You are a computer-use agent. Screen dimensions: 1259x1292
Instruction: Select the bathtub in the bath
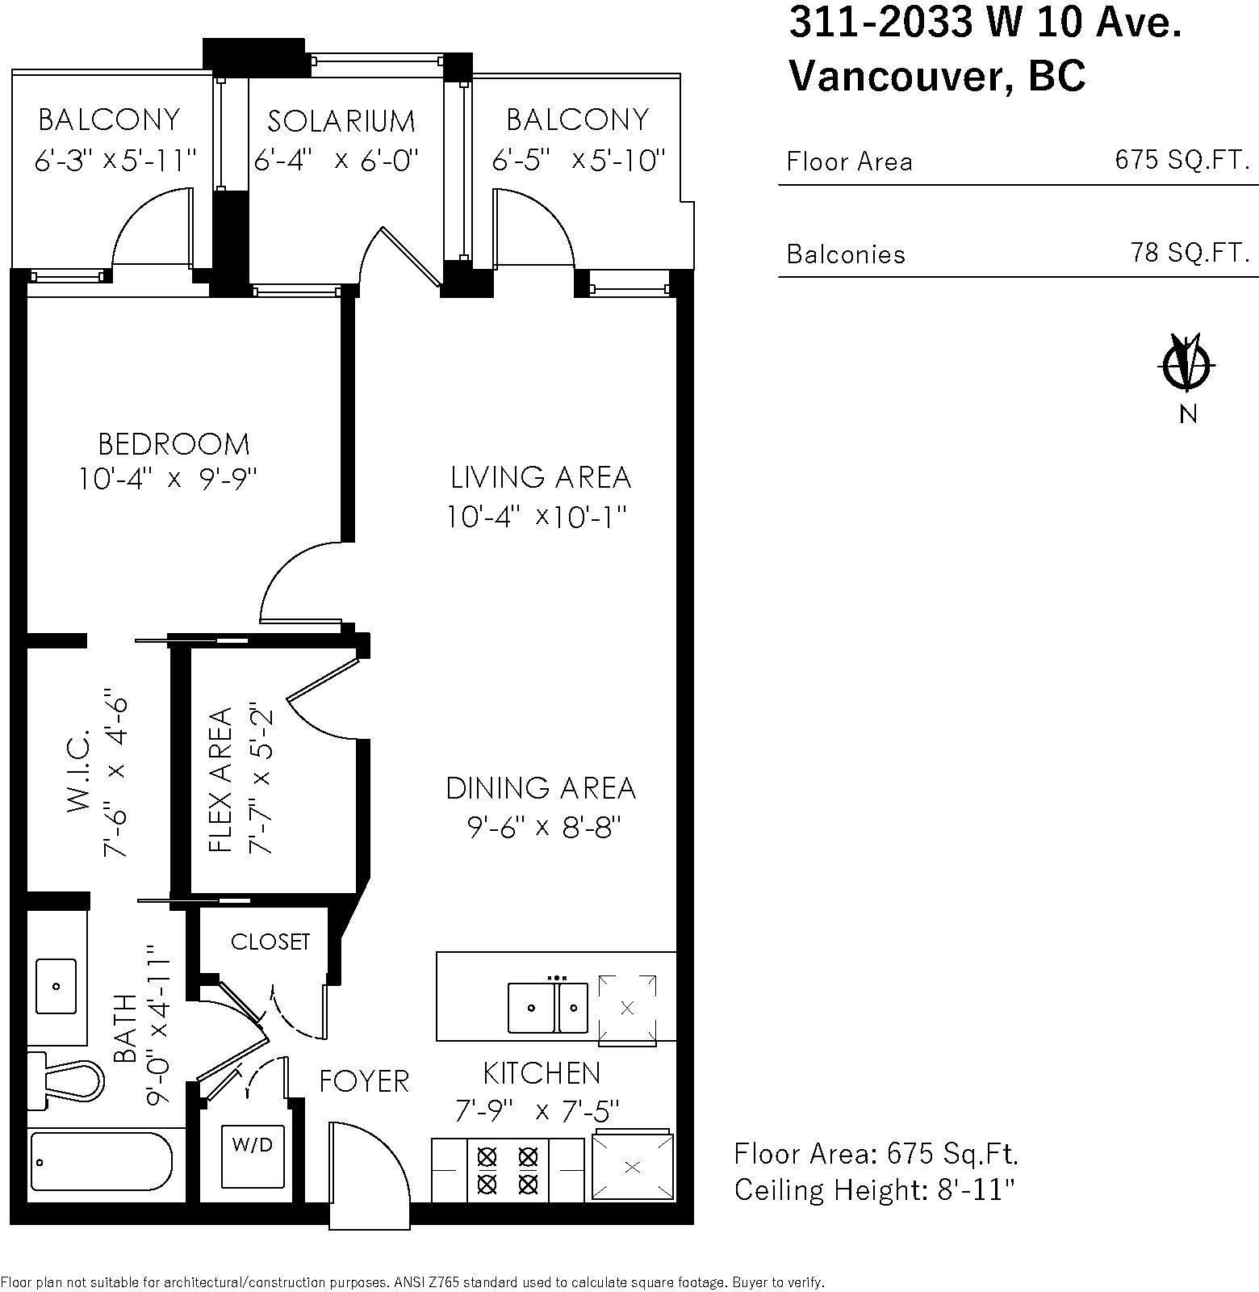pos(101,1161)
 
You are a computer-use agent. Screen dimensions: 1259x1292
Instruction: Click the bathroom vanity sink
pos(56,986)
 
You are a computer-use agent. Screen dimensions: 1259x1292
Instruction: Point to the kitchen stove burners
pos(507,1170)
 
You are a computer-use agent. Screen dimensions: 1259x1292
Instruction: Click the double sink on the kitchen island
pos(547,1007)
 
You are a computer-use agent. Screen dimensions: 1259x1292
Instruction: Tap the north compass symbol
pos(1186,365)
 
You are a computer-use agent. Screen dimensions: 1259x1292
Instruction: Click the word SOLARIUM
pos(341,121)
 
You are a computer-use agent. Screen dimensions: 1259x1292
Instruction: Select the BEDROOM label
pos(174,444)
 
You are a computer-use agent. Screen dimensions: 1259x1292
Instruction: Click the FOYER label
pos(364,1081)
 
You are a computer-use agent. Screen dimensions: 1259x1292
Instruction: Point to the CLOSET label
pos(270,942)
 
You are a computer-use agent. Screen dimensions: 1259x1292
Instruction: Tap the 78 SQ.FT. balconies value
pos(1190,254)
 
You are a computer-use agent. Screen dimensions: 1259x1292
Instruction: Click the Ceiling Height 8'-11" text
pos(874,1189)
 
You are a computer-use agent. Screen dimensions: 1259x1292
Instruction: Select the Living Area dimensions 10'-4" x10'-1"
pos(537,516)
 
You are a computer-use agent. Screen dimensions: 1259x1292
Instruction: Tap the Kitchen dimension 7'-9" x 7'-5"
pos(537,1112)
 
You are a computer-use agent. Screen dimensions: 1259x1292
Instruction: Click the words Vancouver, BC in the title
pos(937,76)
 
